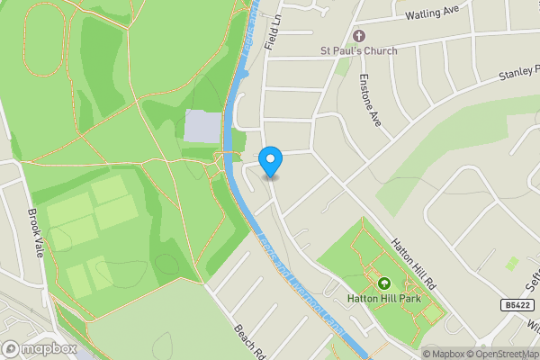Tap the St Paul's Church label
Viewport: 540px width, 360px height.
(359, 50)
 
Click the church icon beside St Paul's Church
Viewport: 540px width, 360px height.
(359, 35)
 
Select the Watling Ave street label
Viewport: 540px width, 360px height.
(432, 13)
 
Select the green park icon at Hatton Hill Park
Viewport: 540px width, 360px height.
(385, 281)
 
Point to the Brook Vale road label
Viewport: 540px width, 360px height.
(35, 233)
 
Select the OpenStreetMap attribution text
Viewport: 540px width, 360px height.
(505, 354)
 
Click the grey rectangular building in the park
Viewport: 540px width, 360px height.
(202, 127)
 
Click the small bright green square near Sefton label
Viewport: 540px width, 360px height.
(512, 263)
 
